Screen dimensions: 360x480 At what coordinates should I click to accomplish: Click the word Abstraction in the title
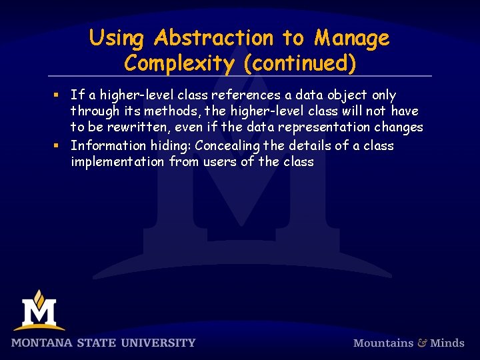(x=214, y=39)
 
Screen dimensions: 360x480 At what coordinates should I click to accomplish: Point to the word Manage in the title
(x=353, y=39)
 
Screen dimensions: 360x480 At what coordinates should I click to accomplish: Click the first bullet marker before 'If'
(x=59, y=95)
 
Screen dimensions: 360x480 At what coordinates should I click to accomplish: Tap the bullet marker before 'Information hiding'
(x=59, y=145)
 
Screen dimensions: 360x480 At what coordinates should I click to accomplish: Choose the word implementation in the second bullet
(x=117, y=162)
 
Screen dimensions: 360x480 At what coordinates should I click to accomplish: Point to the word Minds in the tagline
(x=447, y=343)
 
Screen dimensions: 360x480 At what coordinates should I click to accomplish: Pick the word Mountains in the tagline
(x=383, y=343)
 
